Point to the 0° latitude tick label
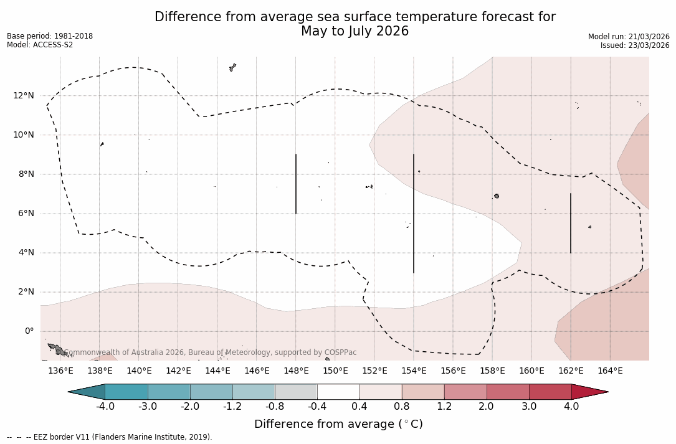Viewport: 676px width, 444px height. click(x=29, y=331)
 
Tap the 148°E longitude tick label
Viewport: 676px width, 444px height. click(x=296, y=371)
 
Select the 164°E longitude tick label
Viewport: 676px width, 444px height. click(x=610, y=371)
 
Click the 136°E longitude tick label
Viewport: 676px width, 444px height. click(x=60, y=371)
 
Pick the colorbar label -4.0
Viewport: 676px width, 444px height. click(x=105, y=407)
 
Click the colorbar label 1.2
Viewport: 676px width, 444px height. click(x=444, y=407)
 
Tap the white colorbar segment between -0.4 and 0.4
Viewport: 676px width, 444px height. click(x=338, y=392)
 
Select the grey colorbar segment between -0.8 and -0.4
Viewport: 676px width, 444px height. click(x=296, y=392)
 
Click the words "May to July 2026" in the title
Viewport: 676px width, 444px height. click(x=355, y=31)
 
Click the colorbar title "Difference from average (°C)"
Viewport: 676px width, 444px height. click(x=338, y=424)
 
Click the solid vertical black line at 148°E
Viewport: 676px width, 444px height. click(x=296, y=184)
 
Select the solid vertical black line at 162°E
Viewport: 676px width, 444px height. click(x=571, y=223)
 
